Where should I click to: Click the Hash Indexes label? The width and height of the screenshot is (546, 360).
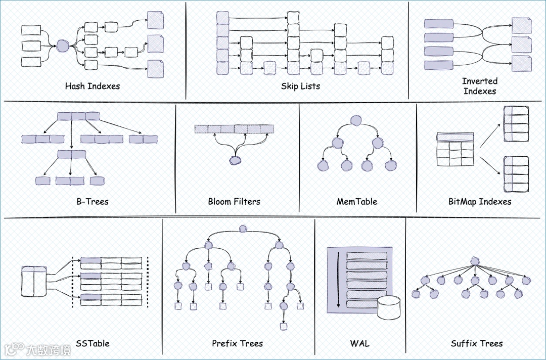click(x=93, y=86)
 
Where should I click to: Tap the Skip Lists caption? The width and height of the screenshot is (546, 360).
click(x=301, y=86)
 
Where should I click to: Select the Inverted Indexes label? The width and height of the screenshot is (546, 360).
click(x=480, y=86)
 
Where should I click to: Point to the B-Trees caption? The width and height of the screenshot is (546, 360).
click(x=93, y=201)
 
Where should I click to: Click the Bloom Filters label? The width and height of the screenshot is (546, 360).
click(x=234, y=201)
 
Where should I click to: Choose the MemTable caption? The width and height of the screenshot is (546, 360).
click(x=357, y=201)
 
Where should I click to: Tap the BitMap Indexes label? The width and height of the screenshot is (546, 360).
click(x=480, y=201)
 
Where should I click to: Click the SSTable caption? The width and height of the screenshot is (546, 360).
click(x=93, y=343)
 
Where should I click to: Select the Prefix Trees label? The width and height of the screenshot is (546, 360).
click(x=238, y=343)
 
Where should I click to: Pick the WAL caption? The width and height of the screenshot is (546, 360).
click(x=359, y=343)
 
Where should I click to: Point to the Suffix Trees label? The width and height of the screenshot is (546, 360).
click(x=477, y=343)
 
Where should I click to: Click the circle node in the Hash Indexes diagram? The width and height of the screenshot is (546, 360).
click(x=62, y=46)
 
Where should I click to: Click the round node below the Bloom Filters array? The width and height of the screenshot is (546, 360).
click(x=235, y=160)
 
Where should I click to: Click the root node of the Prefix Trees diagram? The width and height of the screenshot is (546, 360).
click(x=243, y=229)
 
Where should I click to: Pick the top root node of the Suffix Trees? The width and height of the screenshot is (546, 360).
click(x=474, y=261)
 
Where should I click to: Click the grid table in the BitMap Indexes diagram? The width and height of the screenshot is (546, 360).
click(x=455, y=149)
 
